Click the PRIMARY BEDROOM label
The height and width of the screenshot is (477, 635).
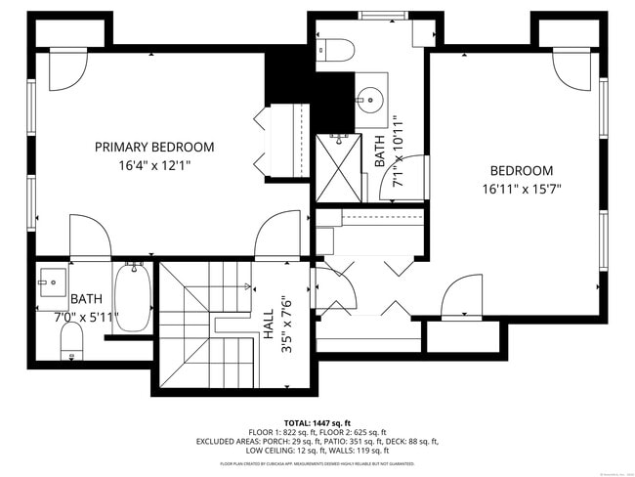click(x=154, y=147)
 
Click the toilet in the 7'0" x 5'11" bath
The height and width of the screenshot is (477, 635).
click(x=70, y=339)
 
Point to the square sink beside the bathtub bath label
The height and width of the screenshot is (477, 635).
click(x=53, y=281)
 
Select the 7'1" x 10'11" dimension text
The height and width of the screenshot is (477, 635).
click(x=398, y=152)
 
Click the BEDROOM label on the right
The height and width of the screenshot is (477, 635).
click(x=521, y=170)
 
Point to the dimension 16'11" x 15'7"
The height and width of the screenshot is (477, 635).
click(x=521, y=189)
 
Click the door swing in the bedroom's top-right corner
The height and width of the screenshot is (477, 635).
click(x=572, y=68)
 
